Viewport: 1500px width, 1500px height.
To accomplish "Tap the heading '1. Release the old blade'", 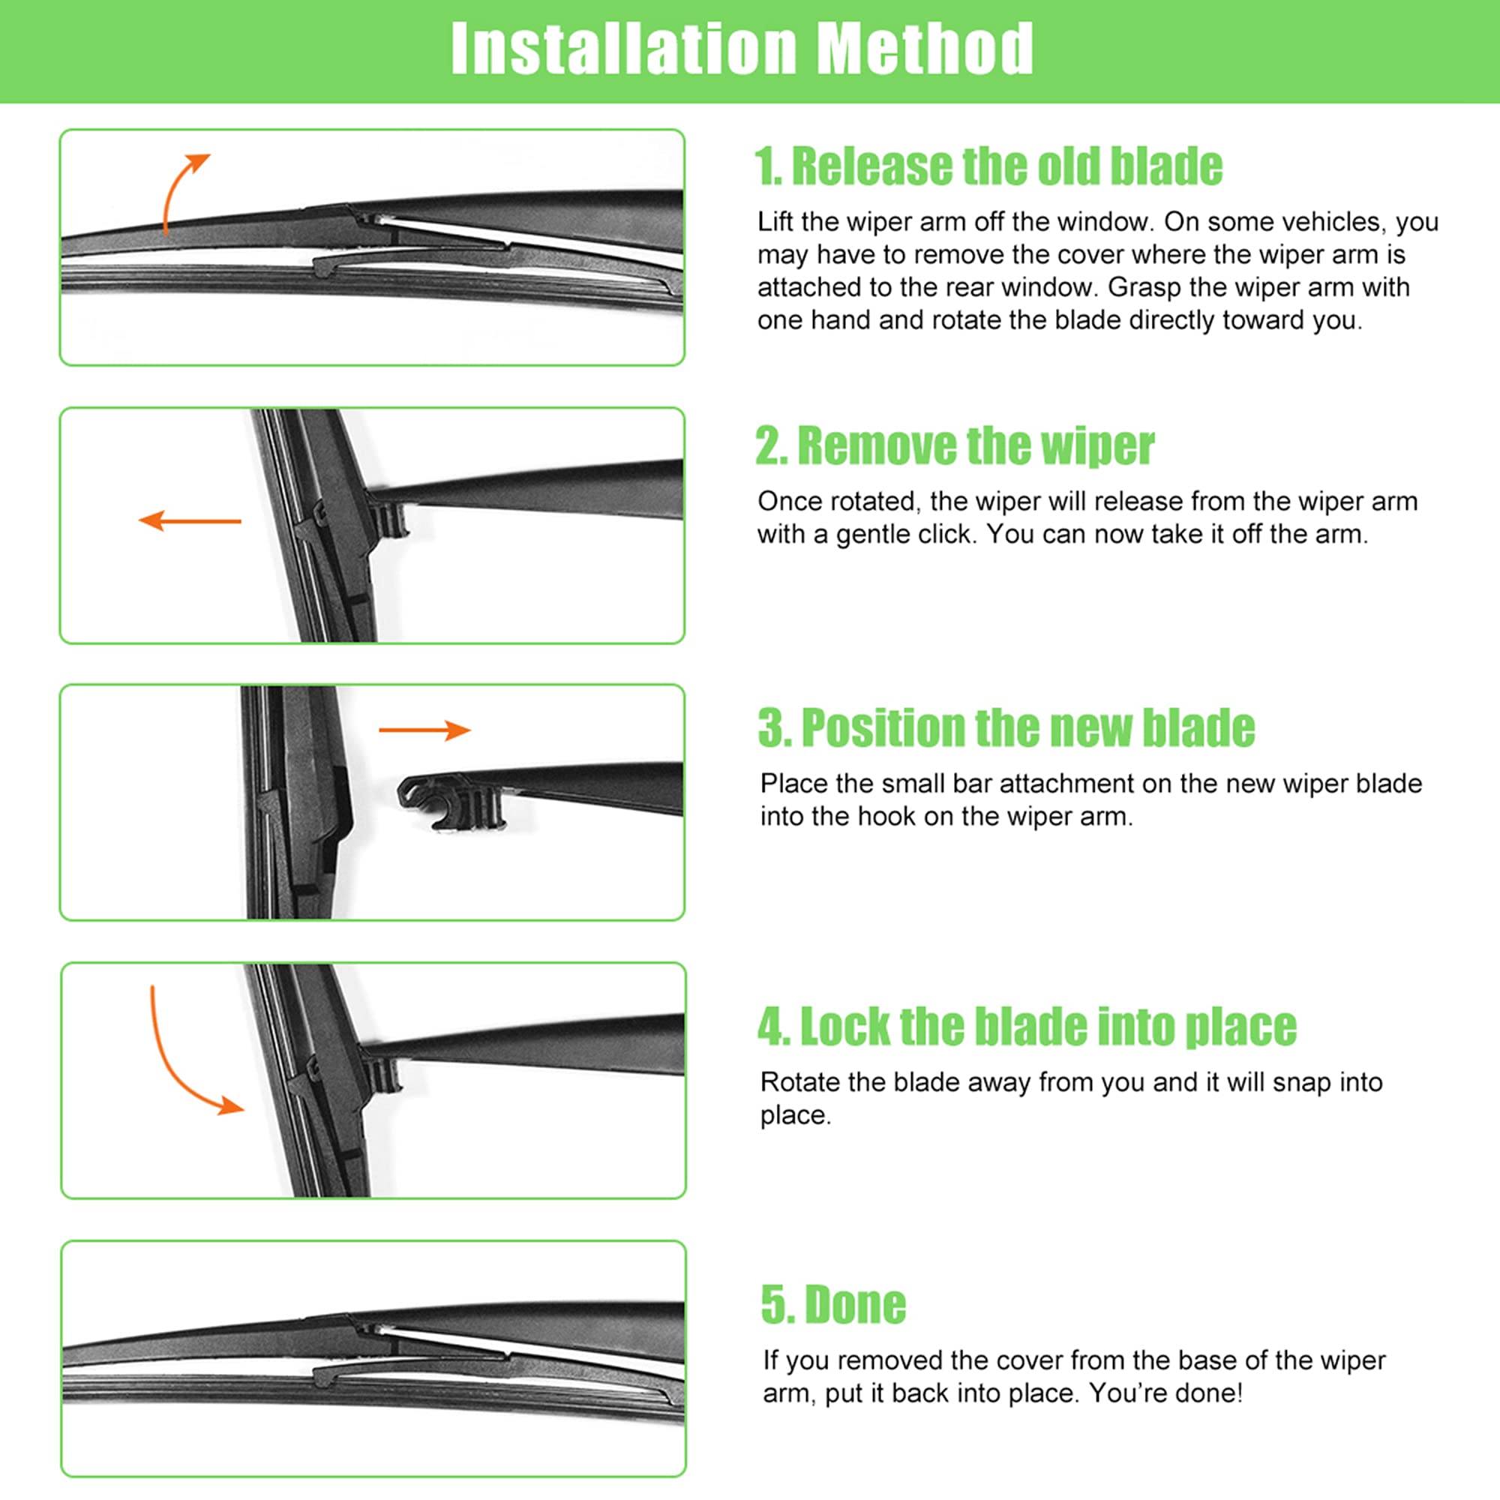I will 988,166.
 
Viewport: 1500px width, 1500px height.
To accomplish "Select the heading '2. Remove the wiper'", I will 954,446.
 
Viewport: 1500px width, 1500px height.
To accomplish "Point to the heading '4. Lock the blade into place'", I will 1027,1027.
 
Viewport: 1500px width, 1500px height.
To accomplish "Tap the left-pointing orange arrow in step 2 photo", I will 190,520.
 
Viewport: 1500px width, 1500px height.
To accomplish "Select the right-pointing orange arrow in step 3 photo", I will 424,730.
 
